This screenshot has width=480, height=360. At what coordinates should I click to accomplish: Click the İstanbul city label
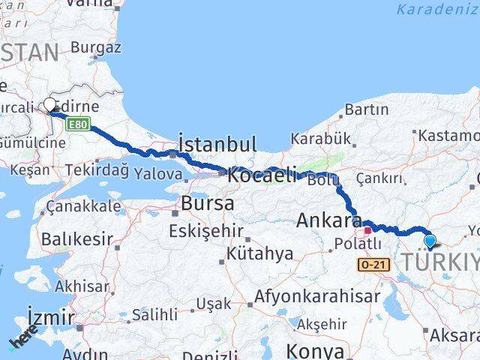217,143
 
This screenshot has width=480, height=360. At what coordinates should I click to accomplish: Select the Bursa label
207,203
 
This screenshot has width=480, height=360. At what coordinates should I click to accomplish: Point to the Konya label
316,351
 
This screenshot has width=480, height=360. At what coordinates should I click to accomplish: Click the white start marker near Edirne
50,105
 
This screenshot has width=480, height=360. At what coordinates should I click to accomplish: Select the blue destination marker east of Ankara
430,241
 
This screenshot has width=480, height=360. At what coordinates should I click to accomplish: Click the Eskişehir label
201,230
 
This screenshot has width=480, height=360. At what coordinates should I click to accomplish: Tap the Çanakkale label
82,206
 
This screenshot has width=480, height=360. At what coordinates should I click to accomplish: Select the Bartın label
367,109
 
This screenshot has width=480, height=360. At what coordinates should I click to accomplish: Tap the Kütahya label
262,253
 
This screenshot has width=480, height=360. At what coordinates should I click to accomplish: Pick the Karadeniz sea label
437,10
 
